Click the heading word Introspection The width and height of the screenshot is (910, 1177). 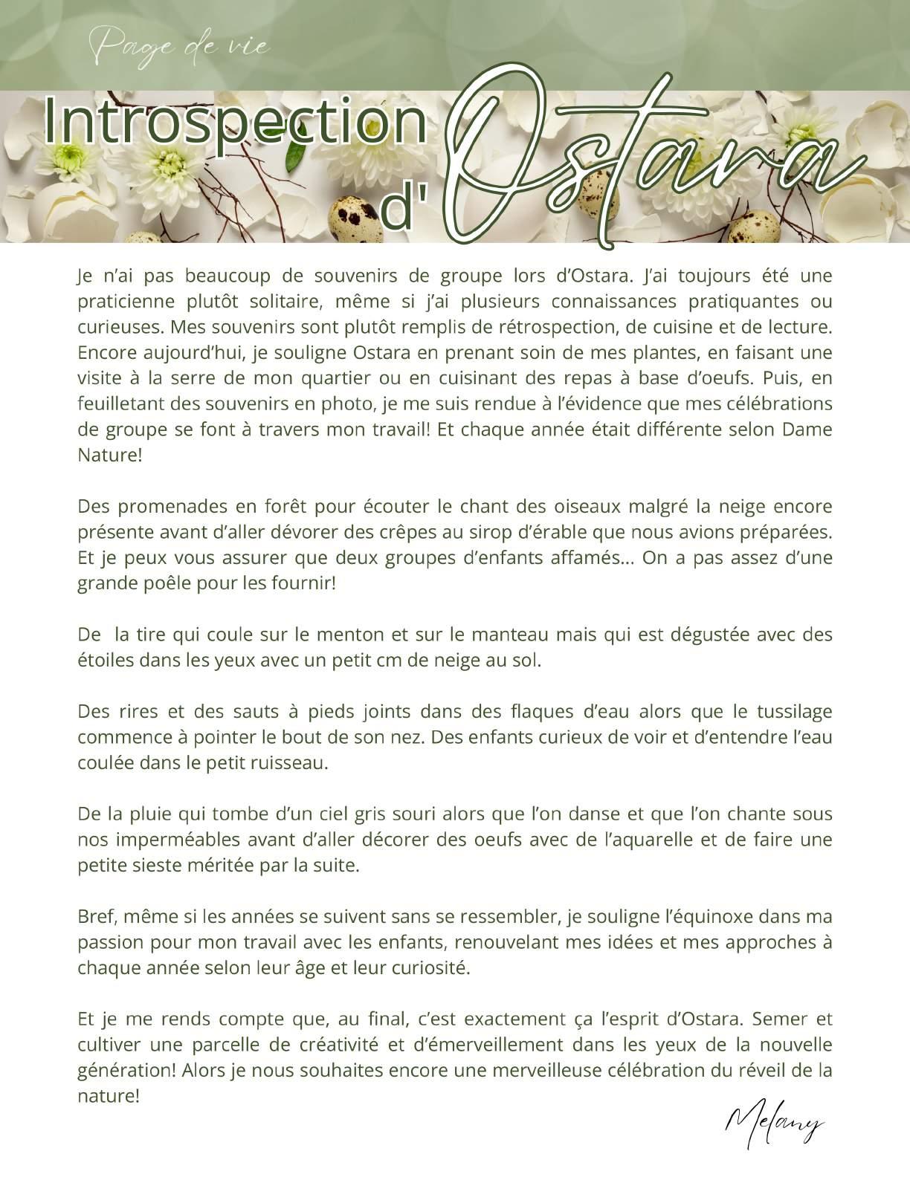235,120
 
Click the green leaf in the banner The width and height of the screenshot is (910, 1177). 297,155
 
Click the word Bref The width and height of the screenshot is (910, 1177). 94,917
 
